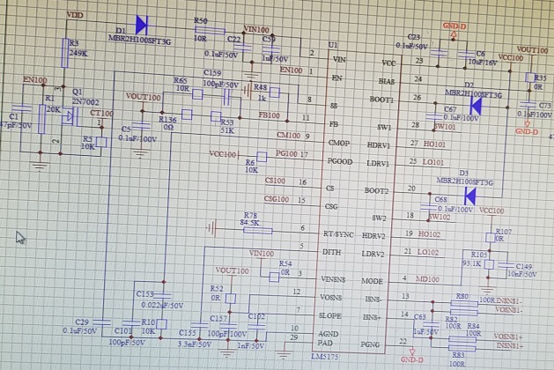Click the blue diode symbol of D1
click(x=140, y=26)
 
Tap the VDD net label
click(x=76, y=16)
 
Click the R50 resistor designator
click(x=201, y=21)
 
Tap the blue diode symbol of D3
click(x=469, y=195)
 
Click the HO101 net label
click(x=434, y=143)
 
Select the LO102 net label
click(x=428, y=253)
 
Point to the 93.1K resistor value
click(x=473, y=263)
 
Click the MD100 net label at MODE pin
click(x=427, y=279)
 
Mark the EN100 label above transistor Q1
click(x=34, y=80)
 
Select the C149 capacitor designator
click(x=524, y=265)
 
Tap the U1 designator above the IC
click(x=332, y=44)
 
